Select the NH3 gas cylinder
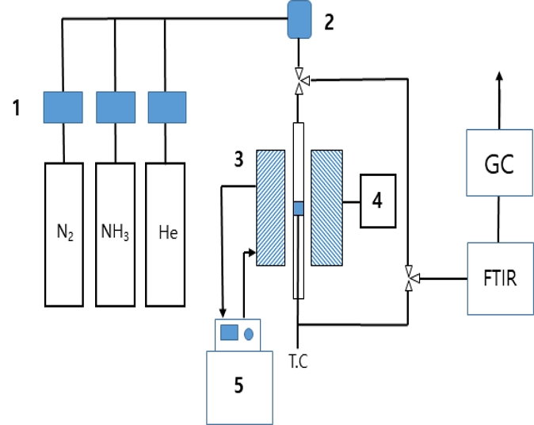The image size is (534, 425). click(x=116, y=234)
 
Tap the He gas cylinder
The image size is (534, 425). click(x=166, y=234)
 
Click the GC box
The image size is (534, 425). click(x=498, y=166)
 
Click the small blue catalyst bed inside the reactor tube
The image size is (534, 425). click(x=298, y=208)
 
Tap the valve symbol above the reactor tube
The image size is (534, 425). click(x=298, y=79)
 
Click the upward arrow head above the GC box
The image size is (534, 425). click(x=498, y=76)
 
